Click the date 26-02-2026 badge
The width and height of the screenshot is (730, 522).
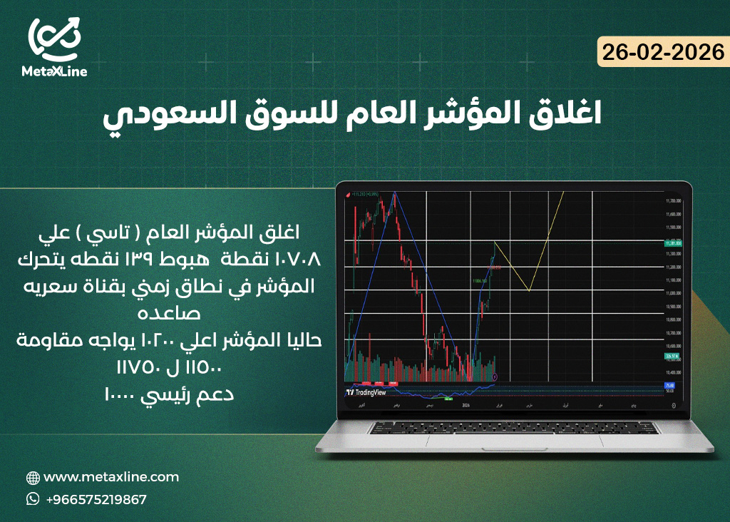[662, 52]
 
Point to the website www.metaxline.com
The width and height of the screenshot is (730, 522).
[111, 477]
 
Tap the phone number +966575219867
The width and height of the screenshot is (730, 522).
[96, 499]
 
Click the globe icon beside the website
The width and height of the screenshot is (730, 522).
[33, 478]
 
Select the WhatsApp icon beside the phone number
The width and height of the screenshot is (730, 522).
[33, 499]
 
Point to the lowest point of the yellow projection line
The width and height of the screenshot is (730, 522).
[528, 290]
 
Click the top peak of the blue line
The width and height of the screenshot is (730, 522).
[394, 193]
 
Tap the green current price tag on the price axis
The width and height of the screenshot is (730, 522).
[673, 243]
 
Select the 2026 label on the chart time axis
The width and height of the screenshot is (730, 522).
[466, 404]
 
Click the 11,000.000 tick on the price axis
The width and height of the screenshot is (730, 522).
[674, 293]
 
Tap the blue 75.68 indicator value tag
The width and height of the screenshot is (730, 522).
[669, 386]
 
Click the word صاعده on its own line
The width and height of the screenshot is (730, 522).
[169, 314]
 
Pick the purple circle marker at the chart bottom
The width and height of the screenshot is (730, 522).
[495, 376]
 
